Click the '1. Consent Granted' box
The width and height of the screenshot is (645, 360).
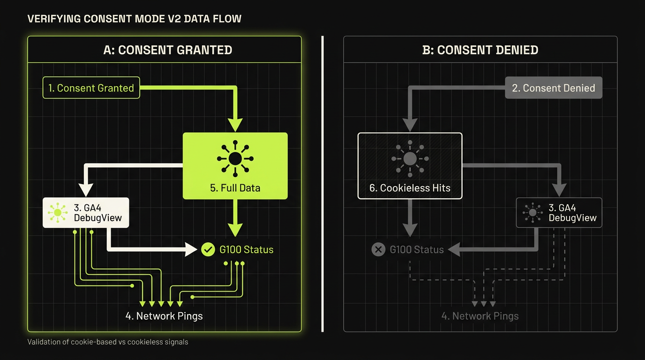[91, 88]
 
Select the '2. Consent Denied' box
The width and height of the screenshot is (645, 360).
[554, 88]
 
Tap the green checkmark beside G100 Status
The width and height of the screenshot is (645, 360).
[208, 249]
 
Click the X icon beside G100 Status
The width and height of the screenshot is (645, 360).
[378, 249]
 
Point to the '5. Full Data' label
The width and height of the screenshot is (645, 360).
[235, 188]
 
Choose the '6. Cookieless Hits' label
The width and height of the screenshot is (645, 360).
[410, 188]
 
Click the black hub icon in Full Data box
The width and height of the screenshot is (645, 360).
[235, 158]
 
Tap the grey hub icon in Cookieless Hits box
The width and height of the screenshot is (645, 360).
[410, 158]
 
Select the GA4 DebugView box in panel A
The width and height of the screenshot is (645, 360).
[86, 212]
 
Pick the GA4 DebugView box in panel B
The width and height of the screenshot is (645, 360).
[559, 212]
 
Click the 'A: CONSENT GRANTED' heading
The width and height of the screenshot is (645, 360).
[168, 50]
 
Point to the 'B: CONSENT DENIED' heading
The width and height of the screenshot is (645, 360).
[480, 50]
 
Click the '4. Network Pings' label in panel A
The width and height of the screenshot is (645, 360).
[164, 316]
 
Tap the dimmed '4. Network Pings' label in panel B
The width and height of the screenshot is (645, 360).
[480, 316]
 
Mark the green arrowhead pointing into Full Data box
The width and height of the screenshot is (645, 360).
[235, 125]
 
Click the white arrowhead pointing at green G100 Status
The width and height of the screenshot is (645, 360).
[191, 249]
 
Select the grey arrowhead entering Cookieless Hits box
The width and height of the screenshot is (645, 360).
[410, 125]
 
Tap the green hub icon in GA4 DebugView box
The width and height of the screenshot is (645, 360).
[58, 212]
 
